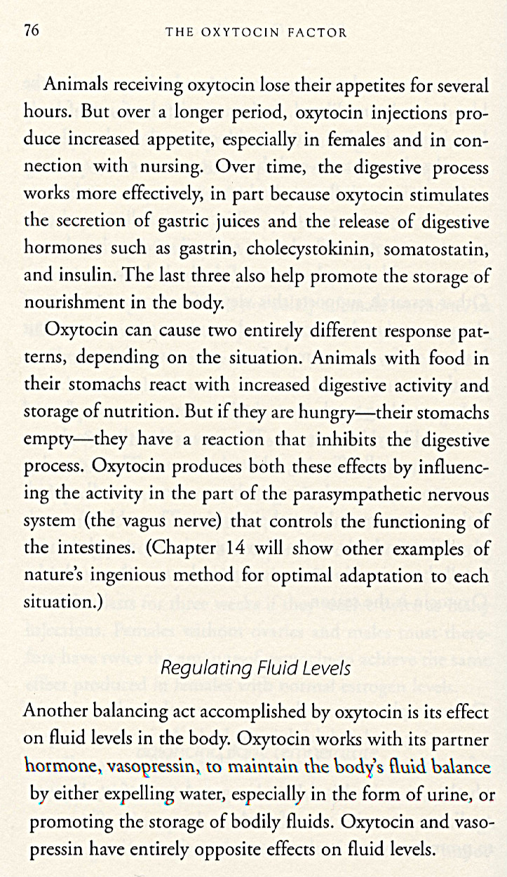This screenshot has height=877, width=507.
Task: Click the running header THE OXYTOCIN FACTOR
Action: pos(255,32)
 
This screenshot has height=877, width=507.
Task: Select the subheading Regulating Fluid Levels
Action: pos(255,667)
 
